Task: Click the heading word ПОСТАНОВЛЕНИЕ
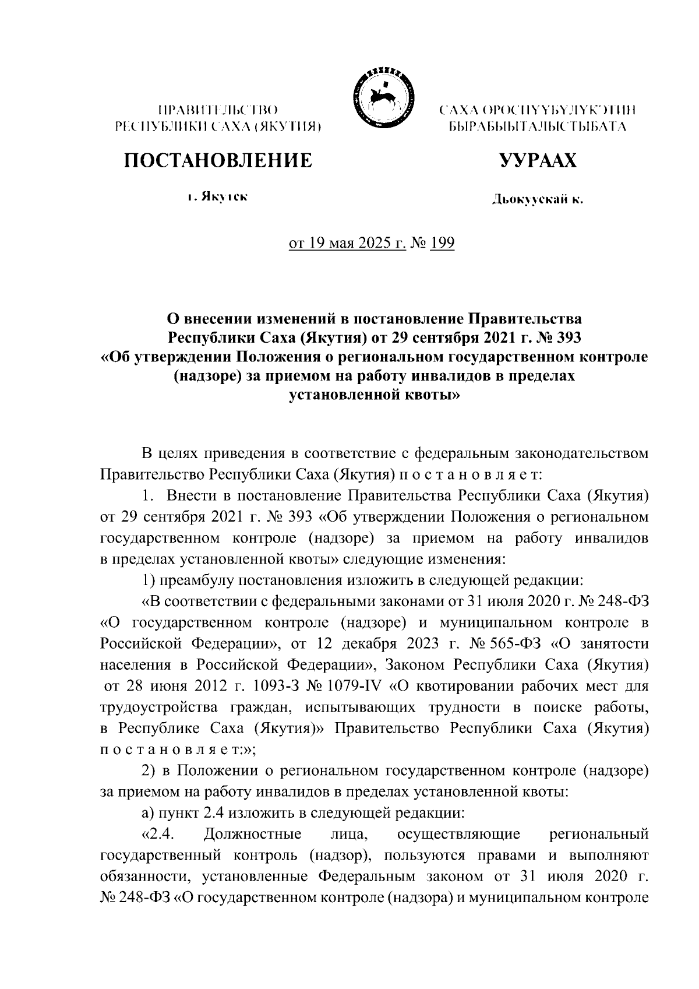click(217, 160)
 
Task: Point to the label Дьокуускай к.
click(536, 200)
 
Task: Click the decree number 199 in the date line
click(443, 242)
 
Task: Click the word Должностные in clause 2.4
click(253, 834)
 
